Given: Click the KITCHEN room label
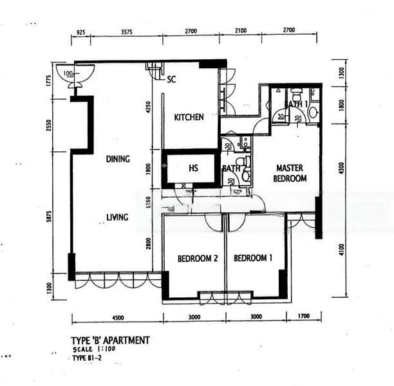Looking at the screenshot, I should pos(189,117).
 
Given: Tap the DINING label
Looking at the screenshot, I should pos(118,159).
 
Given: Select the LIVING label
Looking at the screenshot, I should pos(118,217).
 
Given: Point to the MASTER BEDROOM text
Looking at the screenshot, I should pos(290,173).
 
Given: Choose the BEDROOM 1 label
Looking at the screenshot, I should pos(253,259).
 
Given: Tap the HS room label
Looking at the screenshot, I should pos(193,169).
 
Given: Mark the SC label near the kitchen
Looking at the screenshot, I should pos(171,80).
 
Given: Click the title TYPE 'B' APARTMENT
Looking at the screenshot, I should pos(110,340).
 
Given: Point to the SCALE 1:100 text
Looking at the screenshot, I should pos(91,349).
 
